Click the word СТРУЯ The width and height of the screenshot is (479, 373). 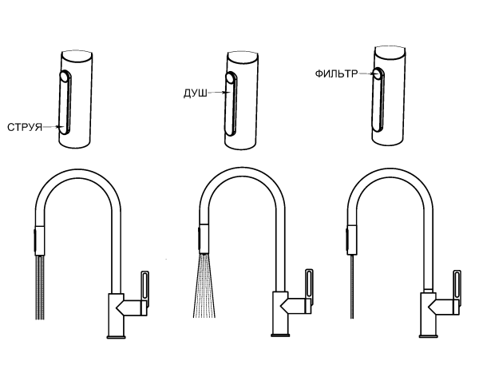point(25,127)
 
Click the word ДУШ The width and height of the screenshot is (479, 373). point(196,93)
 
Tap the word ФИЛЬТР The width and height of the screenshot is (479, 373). point(336,73)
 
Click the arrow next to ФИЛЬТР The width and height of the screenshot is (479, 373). point(366,73)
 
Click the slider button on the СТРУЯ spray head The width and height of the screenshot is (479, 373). point(65,102)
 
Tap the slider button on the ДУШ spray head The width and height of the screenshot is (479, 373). point(232,104)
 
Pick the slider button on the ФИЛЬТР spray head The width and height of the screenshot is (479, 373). point(378,100)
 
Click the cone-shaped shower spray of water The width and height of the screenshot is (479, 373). point(204,286)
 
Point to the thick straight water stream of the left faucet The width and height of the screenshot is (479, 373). point(40,288)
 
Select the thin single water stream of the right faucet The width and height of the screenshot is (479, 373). point(352,286)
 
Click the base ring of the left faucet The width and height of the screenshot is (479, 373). point(116,337)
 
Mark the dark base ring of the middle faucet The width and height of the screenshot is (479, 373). point(280,335)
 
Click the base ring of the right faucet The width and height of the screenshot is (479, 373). point(428,336)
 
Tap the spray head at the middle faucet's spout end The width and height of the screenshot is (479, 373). point(204,240)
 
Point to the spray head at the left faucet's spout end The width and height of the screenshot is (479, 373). point(40,240)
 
